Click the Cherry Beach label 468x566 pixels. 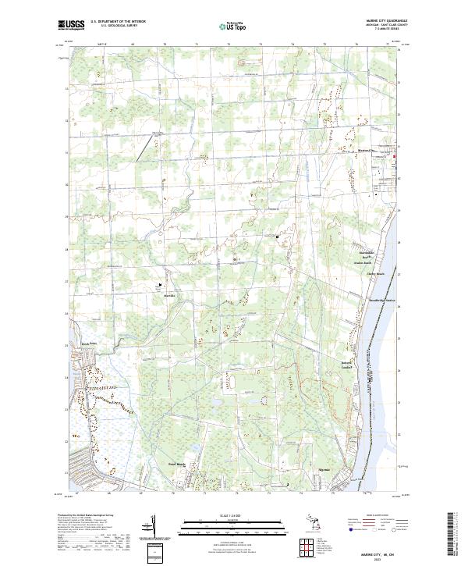point(377,274)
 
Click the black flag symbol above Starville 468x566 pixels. point(162,286)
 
